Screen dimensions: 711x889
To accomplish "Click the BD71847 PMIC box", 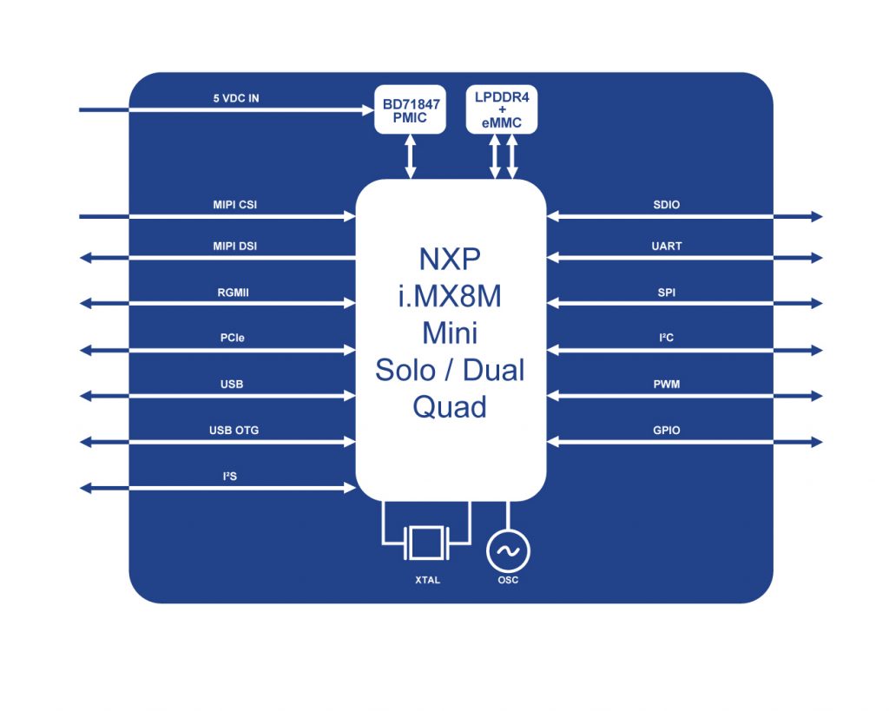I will tap(410, 110).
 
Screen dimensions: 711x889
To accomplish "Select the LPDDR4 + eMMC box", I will tap(502, 110).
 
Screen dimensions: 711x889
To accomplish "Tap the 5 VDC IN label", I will tap(236, 99).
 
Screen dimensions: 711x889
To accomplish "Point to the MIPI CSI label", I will tap(234, 205).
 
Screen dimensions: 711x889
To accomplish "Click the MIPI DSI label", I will tap(234, 247).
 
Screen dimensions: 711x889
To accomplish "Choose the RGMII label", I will tap(233, 293).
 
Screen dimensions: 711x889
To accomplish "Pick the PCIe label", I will tap(232, 339).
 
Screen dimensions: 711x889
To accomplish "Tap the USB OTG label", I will tap(234, 430).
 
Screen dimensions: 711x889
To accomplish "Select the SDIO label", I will tap(667, 205).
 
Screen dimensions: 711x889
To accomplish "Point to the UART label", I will tap(667, 247).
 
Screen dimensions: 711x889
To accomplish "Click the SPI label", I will tap(667, 293).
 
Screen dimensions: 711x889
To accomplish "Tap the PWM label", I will tap(667, 384).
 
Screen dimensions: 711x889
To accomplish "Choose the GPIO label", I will tap(667, 430).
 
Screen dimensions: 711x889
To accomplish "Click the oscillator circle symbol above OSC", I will tap(508, 550).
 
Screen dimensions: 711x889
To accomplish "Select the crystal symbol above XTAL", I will tap(426, 543).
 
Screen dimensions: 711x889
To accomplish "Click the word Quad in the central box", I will tap(450, 406).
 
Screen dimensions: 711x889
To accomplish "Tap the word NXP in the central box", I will tap(450, 260).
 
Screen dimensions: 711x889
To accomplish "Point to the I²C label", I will tap(667, 339).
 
